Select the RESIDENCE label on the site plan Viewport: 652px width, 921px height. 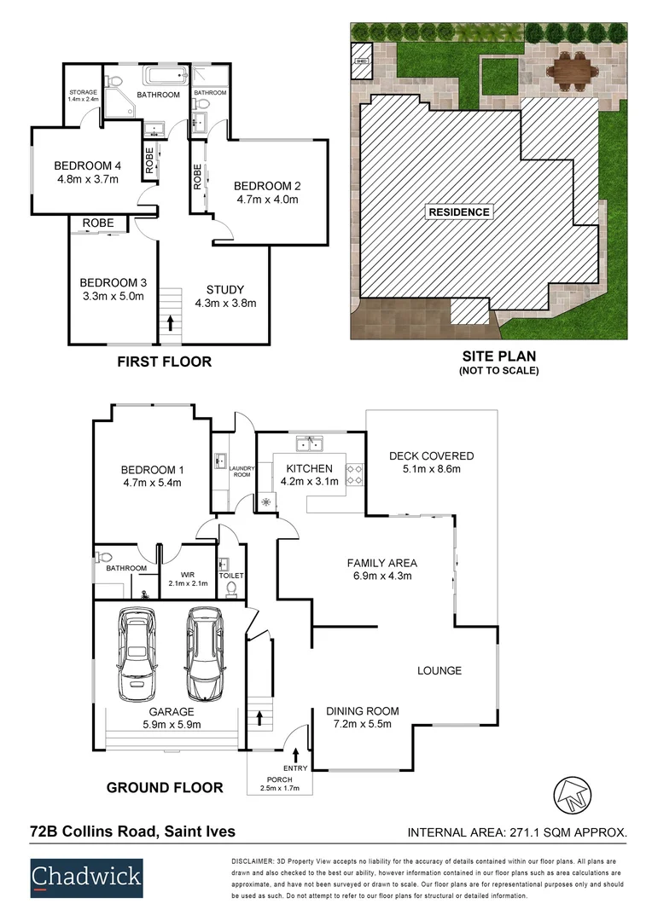(459, 212)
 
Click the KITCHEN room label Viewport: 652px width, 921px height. (309, 468)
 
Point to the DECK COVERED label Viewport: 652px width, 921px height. (430, 455)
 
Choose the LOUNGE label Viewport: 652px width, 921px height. (440, 670)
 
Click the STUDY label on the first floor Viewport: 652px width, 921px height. (225, 289)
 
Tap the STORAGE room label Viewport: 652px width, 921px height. (84, 92)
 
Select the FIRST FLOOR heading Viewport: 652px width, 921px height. (164, 362)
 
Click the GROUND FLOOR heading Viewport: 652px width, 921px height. (165, 787)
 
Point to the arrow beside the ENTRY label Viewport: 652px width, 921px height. (296, 754)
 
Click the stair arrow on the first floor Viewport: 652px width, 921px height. (172, 322)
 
